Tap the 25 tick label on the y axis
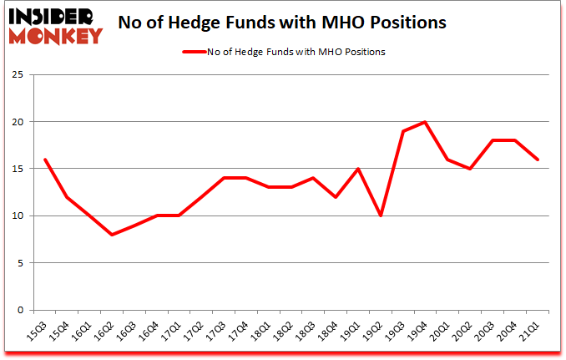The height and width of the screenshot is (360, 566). click(18, 75)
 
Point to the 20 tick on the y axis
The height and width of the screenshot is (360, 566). click(18, 122)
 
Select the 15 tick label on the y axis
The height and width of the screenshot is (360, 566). click(18, 169)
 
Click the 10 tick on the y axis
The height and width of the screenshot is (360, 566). click(18, 215)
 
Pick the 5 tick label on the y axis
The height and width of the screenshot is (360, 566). click(21, 263)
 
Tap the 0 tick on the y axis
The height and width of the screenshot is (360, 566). click(21, 310)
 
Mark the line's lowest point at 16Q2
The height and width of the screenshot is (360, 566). click(111, 235)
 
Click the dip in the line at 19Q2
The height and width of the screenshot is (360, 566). click(382, 215)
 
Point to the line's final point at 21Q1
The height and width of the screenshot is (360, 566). click(538, 160)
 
